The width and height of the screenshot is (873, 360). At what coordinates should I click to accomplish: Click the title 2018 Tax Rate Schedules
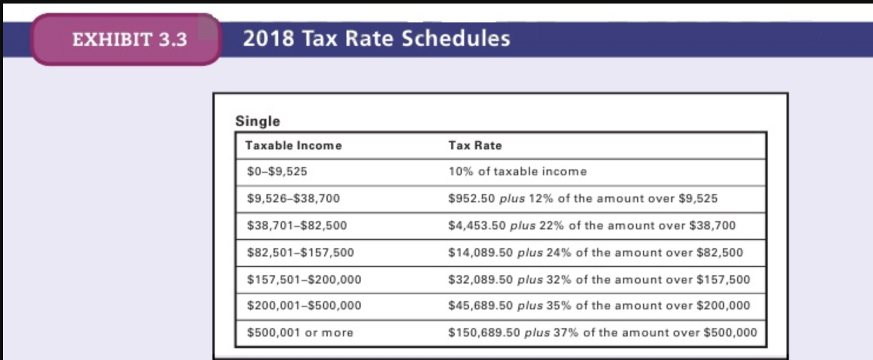pyautogui.click(x=376, y=39)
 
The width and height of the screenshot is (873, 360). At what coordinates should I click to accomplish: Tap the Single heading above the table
pyautogui.click(x=258, y=121)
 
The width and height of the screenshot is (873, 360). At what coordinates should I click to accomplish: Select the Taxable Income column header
pyautogui.click(x=293, y=145)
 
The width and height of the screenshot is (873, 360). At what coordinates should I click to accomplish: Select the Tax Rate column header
pyautogui.click(x=475, y=145)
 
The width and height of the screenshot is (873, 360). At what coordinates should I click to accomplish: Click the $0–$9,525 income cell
pyautogui.click(x=277, y=172)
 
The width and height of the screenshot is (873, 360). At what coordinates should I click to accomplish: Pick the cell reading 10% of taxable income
pyautogui.click(x=517, y=172)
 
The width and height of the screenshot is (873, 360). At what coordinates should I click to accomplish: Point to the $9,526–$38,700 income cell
pyautogui.click(x=294, y=199)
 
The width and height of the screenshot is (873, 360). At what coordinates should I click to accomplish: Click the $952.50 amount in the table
pyautogui.click(x=471, y=199)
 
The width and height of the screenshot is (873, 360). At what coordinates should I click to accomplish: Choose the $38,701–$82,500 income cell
pyautogui.click(x=297, y=225)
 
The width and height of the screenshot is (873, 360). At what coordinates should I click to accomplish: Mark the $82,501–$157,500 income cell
pyautogui.click(x=301, y=253)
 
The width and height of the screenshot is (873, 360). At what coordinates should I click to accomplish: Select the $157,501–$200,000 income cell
pyautogui.click(x=304, y=279)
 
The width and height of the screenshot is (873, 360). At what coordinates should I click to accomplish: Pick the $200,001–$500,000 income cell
pyautogui.click(x=304, y=306)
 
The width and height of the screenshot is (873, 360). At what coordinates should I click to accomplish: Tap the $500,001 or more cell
pyautogui.click(x=300, y=333)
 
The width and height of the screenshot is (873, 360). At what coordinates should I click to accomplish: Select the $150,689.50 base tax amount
pyautogui.click(x=484, y=333)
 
